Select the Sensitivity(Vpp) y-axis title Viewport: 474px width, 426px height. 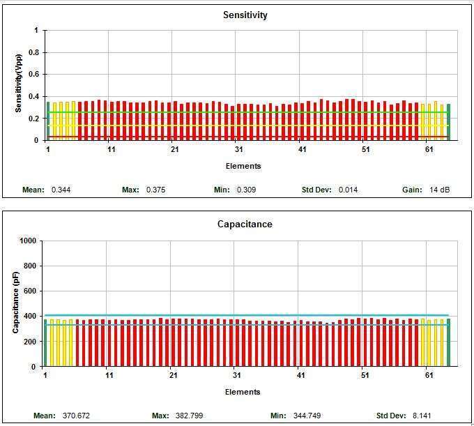tap(19, 84)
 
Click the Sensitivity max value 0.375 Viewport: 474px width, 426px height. tap(156, 190)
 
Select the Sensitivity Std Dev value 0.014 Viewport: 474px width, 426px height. tap(349, 190)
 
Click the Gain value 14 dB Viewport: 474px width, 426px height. tap(440, 190)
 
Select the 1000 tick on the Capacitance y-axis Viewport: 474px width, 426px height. tap(27, 241)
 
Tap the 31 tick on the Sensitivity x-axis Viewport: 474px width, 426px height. tap(238, 150)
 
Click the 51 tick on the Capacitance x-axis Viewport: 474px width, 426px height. tap(364, 376)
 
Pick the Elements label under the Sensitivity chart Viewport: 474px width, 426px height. tap(243, 166)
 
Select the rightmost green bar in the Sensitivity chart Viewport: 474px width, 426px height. tap(448, 121)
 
